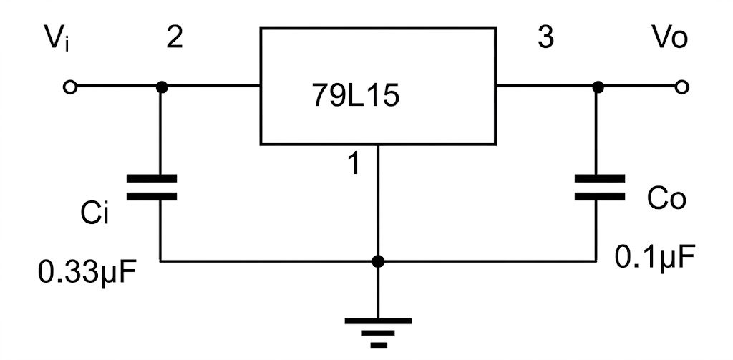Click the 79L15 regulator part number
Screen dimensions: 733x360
(x=356, y=97)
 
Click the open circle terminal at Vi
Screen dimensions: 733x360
(x=69, y=87)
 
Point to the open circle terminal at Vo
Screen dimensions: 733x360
(x=682, y=87)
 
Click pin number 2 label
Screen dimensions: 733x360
(x=175, y=39)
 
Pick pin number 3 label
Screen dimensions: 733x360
(x=545, y=39)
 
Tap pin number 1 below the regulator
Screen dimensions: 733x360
(x=355, y=164)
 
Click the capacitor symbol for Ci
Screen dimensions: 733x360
(x=152, y=188)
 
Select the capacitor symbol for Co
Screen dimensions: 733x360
(x=600, y=188)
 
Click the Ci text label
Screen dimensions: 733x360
(x=94, y=214)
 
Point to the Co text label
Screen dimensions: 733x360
(x=666, y=198)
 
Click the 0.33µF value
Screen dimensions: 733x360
(x=87, y=273)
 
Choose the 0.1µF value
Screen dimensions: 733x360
(x=654, y=257)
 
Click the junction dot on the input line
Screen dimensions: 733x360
(x=161, y=87)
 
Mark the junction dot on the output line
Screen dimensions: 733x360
(x=598, y=87)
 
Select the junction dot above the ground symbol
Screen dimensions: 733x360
(x=378, y=261)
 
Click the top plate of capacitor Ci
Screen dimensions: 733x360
(x=152, y=178)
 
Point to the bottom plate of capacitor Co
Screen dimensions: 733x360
(x=600, y=197)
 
